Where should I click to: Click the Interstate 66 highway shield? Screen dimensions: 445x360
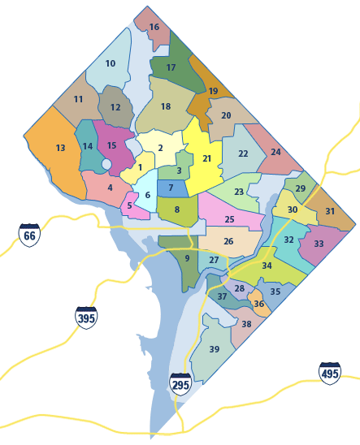(29, 235)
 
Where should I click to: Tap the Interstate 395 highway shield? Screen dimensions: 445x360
(86, 317)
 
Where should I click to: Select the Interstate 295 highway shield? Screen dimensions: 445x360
(180, 383)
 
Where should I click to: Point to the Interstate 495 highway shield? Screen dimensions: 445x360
(330, 373)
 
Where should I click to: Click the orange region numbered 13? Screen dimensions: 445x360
(57, 150)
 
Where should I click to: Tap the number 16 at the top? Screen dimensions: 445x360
(154, 27)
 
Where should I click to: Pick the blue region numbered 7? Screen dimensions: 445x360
(171, 188)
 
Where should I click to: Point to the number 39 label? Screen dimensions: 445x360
(215, 349)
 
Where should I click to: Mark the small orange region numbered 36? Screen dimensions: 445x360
(258, 304)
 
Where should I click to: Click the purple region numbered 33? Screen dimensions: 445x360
(319, 244)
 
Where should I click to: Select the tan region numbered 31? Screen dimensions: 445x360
(330, 211)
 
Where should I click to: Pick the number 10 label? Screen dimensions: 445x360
(111, 63)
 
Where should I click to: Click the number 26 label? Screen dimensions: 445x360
(228, 241)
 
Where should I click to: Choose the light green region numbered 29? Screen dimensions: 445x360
(300, 188)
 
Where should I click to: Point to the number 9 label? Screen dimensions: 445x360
(187, 258)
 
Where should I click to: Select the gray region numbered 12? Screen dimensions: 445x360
(115, 107)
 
